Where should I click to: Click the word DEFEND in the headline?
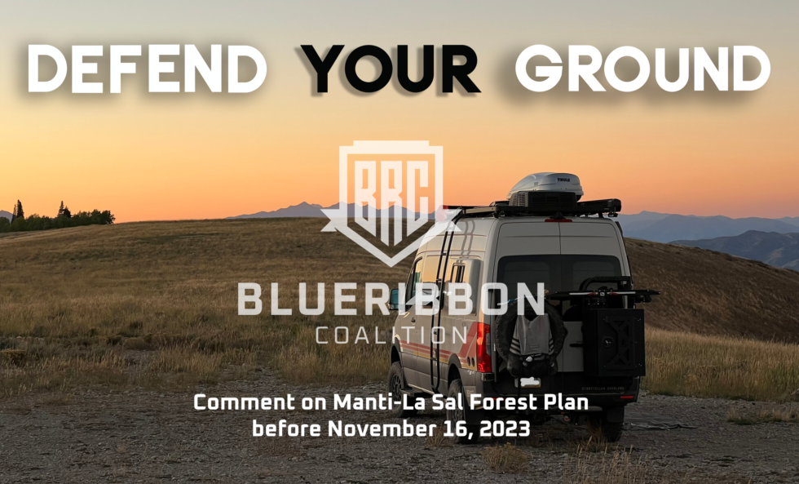(x=147, y=69)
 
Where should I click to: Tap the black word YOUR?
(x=391, y=69)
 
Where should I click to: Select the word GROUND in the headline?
(x=642, y=69)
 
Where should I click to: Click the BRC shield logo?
(x=390, y=203)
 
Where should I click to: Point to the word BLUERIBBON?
(x=391, y=299)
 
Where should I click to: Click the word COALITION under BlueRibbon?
(x=391, y=335)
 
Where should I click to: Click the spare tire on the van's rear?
(x=530, y=340)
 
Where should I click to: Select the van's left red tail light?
(x=483, y=347)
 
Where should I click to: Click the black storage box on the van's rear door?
(x=613, y=342)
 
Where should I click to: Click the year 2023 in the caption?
(x=504, y=429)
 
